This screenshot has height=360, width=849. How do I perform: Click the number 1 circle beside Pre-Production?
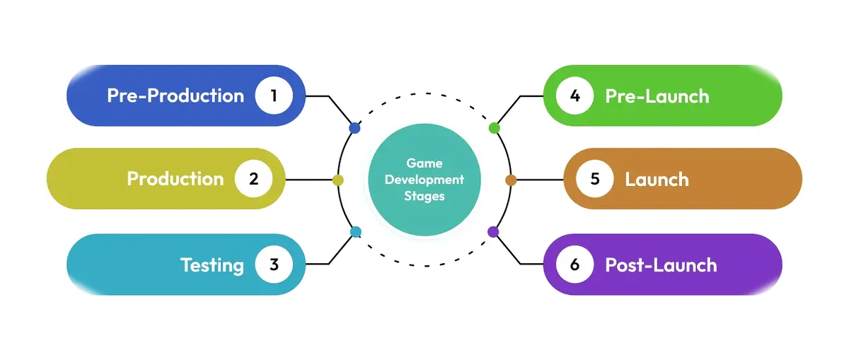click(274, 95)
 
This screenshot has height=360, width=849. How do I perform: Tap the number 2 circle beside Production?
click(253, 179)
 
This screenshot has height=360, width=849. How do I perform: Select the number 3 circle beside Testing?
click(274, 265)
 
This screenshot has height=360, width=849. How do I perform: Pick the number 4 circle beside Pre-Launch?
click(574, 95)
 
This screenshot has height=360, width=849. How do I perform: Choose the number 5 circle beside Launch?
click(595, 179)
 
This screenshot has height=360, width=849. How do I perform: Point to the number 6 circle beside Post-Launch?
click(574, 265)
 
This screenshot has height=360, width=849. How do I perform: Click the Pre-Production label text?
click(175, 96)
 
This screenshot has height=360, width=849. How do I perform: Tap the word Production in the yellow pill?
click(175, 179)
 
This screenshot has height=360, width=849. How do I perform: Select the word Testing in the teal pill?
click(212, 265)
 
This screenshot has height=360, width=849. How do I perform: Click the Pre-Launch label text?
click(657, 96)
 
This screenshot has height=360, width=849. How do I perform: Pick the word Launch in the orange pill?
click(657, 179)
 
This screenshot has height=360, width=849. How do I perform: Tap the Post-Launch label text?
click(661, 265)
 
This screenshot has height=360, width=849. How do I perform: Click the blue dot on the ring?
click(354, 129)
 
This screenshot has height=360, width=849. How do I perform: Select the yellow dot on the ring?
click(337, 180)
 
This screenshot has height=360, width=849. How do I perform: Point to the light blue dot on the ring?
click(356, 231)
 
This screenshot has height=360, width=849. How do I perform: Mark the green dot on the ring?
click(494, 128)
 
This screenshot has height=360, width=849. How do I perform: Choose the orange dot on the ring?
click(511, 180)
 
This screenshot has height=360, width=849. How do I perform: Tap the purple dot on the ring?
click(493, 231)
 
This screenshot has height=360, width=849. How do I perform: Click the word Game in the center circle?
click(424, 163)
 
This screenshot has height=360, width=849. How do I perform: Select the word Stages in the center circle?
click(424, 196)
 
